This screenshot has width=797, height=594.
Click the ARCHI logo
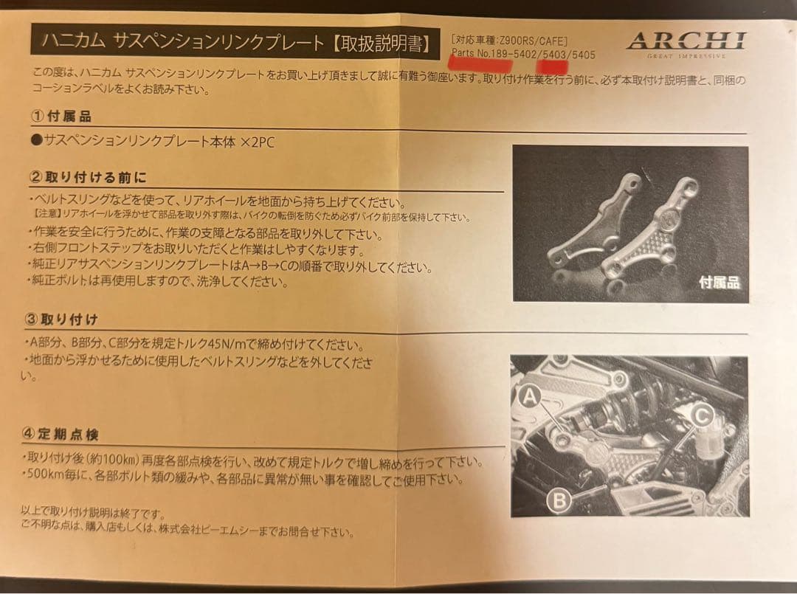coord(686,41)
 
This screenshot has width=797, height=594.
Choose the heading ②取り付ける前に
coord(88,178)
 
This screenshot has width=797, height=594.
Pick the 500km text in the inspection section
coord(46,479)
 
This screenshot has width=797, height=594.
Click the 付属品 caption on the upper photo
coord(719,282)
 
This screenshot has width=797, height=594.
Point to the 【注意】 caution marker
coord(50,218)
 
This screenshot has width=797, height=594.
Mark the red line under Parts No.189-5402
coord(482,64)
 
